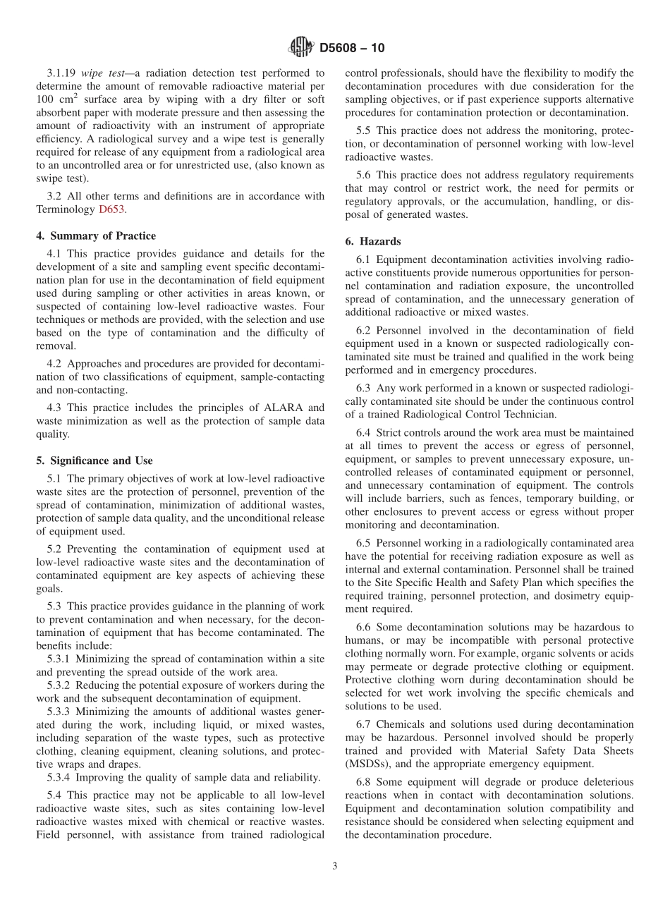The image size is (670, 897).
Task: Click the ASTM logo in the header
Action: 301,48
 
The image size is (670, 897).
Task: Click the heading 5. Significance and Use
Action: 94,461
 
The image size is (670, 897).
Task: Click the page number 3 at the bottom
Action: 335,867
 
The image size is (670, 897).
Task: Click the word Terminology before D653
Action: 66,209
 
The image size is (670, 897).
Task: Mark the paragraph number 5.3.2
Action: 60,685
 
